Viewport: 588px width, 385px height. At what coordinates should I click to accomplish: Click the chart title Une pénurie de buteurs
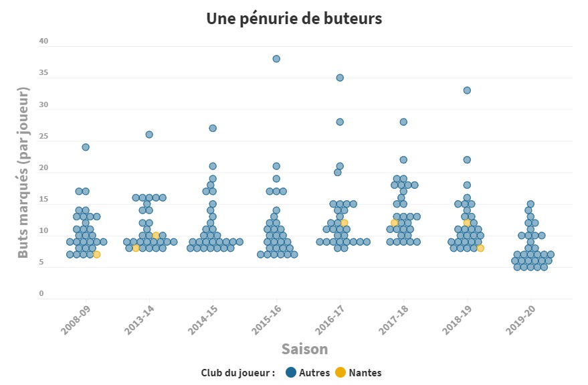tap(294, 19)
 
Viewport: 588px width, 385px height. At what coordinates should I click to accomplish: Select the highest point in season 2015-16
tap(276, 59)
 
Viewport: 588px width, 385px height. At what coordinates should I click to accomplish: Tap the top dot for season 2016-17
tap(340, 78)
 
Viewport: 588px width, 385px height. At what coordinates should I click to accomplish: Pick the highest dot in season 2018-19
tap(467, 90)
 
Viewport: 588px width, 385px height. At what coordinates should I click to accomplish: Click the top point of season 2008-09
tap(86, 147)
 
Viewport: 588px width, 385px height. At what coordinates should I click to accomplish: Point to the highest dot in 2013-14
tap(149, 135)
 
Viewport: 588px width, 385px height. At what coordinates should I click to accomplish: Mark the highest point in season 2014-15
tap(213, 128)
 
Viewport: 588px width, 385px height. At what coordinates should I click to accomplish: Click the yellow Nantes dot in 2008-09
tap(97, 254)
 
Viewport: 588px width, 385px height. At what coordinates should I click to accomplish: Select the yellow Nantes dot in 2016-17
tap(345, 223)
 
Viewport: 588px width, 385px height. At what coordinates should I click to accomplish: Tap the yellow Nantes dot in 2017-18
tap(395, 223)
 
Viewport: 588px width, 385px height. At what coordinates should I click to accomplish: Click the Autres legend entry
tap(310, 373)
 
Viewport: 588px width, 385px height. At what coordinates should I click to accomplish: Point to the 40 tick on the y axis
tap(44, 42)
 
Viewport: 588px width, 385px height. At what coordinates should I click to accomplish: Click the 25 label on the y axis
tap(44, 137)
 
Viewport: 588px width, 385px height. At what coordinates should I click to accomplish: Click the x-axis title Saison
tap(304, 349)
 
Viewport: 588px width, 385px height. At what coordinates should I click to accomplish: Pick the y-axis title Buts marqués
tap(24, 172)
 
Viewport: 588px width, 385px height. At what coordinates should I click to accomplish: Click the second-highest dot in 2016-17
tap(340, 122)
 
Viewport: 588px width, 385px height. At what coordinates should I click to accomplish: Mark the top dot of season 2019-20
tap(530, 204)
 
